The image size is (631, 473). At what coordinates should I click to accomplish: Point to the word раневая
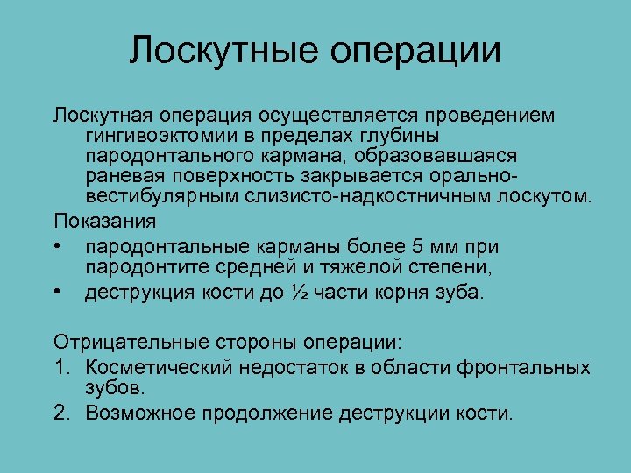[x=124, y=174]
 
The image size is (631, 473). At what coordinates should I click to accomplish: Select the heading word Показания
[x=105, y=219]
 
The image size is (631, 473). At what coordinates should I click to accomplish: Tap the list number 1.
[x=60, y=367]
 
